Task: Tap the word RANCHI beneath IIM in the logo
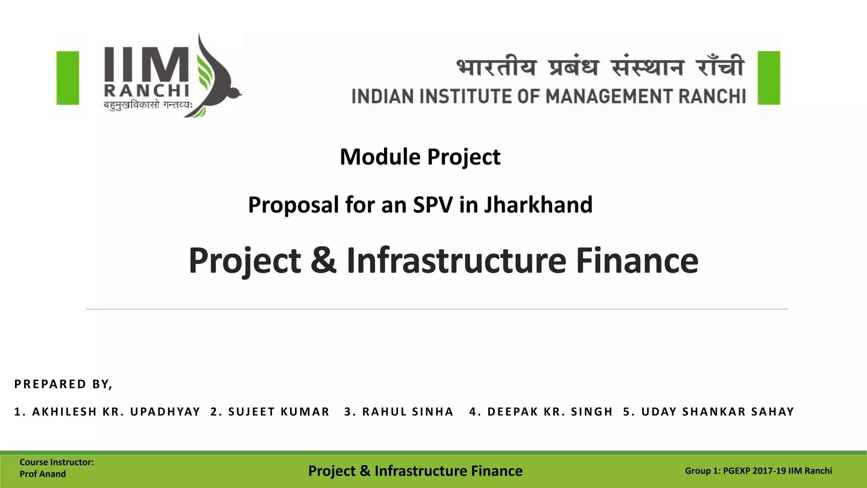(146, 91)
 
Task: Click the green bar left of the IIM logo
(68, 78)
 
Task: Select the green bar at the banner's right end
(769, 78)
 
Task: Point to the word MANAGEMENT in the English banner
(610, 97)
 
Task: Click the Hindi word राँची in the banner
(720, 67)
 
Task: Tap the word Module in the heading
(380, 157)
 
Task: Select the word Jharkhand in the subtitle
(538, 205)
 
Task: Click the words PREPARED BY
(63, 384)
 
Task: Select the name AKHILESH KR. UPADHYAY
(116, 412)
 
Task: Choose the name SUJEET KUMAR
(279, 412)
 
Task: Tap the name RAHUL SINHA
(408, 412)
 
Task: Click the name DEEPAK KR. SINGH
(550, 412)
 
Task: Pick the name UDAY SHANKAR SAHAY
(718, 412)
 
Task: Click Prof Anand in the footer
(43, 474)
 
